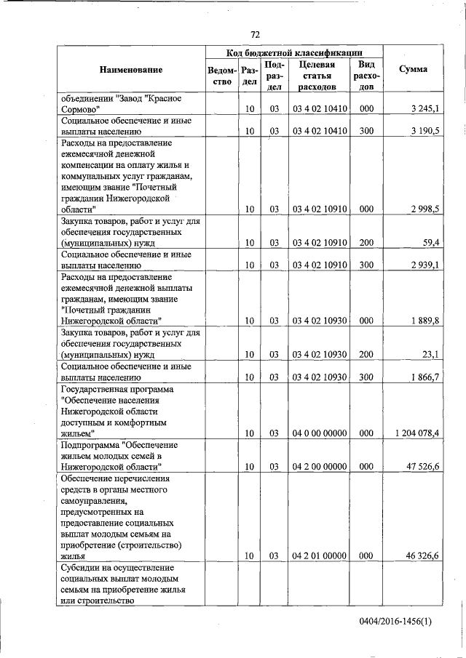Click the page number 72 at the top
(x=255, y=34)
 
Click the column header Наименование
(x=132, y=70)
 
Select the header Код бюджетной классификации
(x=294, y=52)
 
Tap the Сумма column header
(x=414, y=70)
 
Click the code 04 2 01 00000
(x=319, y=555)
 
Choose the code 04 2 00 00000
(x=319, y=465)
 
